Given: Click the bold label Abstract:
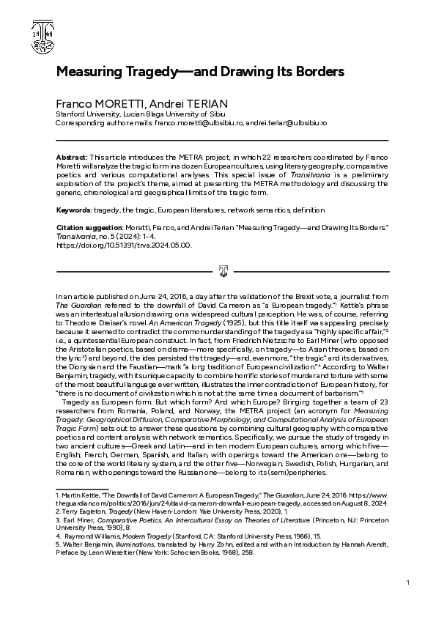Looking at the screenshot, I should click(x=71, y=158).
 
